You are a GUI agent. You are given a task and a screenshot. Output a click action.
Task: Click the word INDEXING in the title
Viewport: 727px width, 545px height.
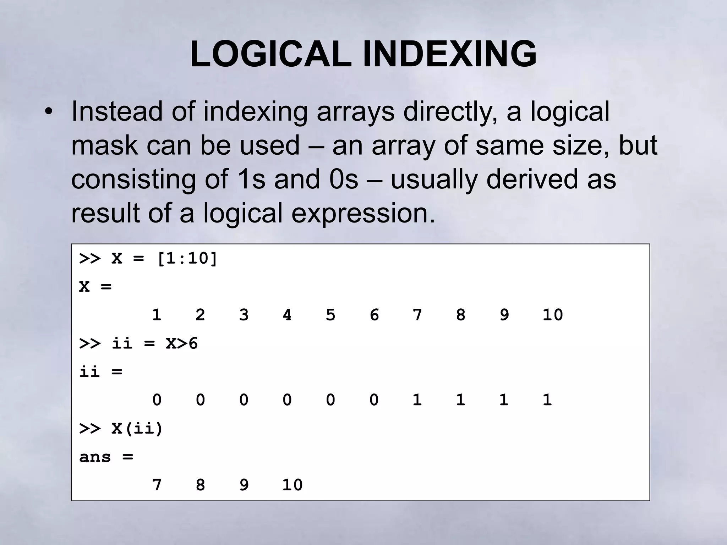coord(449,54)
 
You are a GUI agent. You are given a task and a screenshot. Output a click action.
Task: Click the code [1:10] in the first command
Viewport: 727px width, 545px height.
coord(187,258)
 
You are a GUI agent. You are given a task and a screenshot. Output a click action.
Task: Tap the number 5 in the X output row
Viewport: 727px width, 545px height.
coord(330,315)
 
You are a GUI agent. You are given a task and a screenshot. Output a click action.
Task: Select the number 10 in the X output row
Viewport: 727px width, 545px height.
coord(553,315)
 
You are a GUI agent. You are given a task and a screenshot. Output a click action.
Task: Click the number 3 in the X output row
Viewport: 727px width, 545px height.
coord(244,315)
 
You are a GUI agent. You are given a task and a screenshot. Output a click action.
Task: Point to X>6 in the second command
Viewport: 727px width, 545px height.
coord(182,343)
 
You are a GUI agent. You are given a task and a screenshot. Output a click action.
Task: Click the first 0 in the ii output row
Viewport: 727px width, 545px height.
coord(157,400)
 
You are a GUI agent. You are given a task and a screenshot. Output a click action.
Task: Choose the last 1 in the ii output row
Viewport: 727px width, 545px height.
coord(547,400)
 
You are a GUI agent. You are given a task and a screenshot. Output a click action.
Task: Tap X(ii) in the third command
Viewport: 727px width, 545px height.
coord(137,429)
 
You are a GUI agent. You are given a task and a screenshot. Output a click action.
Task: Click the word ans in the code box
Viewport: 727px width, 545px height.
coord(95,457)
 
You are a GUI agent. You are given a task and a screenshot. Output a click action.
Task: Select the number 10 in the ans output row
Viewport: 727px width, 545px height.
coord(292,485)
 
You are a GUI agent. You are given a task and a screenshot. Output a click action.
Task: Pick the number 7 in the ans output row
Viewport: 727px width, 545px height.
coord(157,485)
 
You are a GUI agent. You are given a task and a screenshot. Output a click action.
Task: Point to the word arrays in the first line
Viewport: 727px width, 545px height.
coord(355,111)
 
